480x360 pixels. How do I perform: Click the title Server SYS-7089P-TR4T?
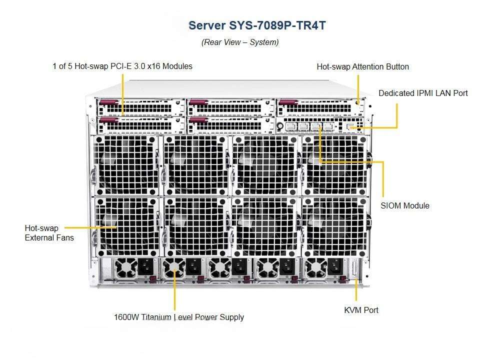(x=256, y=25)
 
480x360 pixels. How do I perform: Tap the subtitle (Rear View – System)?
(x=240, y=42)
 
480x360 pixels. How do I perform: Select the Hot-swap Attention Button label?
(x=362, y=66)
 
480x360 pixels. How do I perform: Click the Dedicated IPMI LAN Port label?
(x=423, y=93)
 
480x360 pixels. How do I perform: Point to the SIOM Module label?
(x=404, y=205)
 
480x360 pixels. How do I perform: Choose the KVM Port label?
(x=361, y=310)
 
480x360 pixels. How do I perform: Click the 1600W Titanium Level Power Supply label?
(x=179, y=317)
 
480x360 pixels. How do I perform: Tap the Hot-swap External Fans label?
(x=49, y=233)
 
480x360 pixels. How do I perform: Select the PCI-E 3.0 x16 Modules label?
(x=122, y=66)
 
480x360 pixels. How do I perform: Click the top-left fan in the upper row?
(x=126, y=165)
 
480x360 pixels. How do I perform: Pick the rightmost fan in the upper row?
(x=333, y=165)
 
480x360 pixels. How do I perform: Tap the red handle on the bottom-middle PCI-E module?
(x=198, y=119)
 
